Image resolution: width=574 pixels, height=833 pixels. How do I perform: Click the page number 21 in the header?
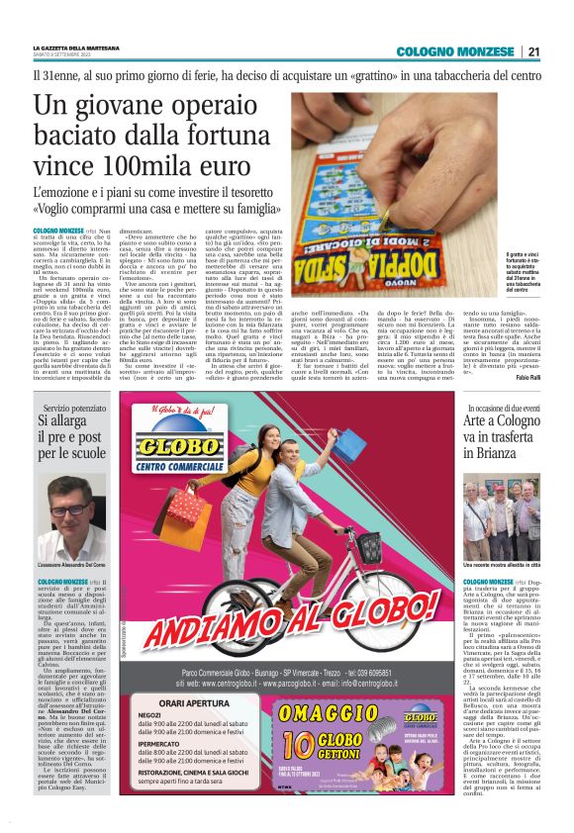pyautogui.click(x=533, y=51)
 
